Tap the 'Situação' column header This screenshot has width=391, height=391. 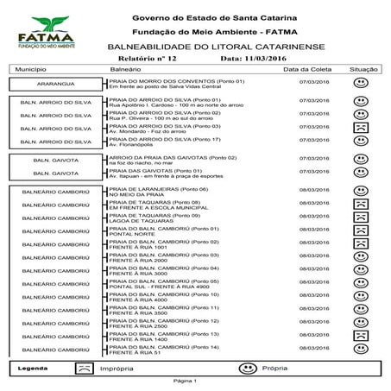363,69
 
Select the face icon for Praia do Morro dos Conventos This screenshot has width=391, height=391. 362,85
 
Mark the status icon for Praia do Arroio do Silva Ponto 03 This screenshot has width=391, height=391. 362,127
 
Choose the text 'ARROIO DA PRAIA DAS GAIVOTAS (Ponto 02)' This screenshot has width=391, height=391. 162,159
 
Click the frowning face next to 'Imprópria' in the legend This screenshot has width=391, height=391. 82,367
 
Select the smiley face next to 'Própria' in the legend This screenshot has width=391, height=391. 247,367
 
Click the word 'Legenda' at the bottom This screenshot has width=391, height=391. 32,368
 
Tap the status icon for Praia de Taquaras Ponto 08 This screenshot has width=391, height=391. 362,204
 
